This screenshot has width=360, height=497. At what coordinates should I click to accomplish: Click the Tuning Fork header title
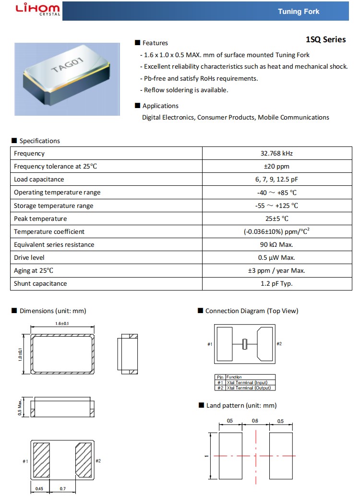click(x=298, y=11)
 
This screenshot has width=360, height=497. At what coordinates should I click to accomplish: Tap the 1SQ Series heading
click(x=325, y=39)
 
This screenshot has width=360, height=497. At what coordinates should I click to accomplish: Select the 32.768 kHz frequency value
click(x=276, y=154)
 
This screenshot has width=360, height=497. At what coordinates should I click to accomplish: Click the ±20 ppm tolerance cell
click(x=276, y=167)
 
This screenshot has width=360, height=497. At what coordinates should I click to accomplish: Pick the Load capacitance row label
click(x=39, y=180)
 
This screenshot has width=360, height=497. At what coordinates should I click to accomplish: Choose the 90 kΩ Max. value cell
click(x=276, y=244)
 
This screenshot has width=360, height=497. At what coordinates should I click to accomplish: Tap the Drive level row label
click(x=29, y=257)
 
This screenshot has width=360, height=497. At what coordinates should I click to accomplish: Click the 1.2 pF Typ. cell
click(x=276, y=283)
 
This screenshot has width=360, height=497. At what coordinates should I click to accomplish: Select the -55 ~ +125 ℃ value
click(x=276, y=206)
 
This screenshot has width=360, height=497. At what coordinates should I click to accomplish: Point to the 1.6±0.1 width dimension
click(x=62, y=324)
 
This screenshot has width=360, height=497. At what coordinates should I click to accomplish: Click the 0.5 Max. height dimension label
click(x=20, y=406)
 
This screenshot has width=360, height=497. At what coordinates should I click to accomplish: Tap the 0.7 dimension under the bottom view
click(x=62, y=489)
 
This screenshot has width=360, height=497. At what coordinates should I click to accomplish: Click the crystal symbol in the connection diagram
click(x=245, y=344)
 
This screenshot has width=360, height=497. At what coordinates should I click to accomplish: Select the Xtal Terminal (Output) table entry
click(x=250, y=388)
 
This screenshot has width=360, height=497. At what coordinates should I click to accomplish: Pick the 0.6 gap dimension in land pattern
click(x=255, y=421)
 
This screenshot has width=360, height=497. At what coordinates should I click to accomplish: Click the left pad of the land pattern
click(x=230, y=455)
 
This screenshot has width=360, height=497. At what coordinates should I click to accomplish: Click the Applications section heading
click(x=160, y=106)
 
